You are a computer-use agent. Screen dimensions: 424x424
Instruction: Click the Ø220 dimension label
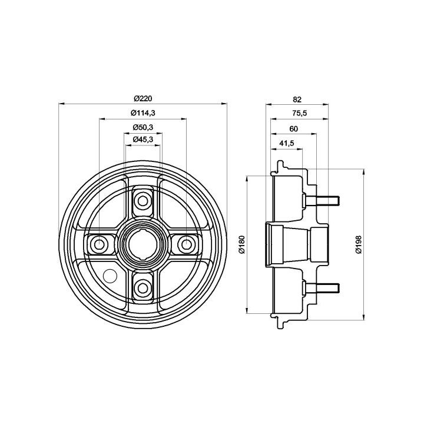(143, 99)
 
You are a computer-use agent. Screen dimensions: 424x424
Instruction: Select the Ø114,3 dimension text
(143, 113)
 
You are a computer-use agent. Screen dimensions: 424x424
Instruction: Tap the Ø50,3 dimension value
(143, 127)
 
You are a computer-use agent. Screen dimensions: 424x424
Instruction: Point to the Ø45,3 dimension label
(143, 139)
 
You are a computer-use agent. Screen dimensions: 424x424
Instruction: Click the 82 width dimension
(297, 100)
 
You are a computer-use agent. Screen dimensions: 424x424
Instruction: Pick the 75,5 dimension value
(300, 113)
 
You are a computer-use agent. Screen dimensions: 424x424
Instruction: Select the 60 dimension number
(293, 129)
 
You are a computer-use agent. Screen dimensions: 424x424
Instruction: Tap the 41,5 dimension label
(287, 143)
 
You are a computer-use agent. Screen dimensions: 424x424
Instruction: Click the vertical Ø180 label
(242, 244)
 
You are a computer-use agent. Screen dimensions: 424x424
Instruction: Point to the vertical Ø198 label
(359, 244)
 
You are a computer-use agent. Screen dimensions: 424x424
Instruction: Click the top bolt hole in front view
(143, 201)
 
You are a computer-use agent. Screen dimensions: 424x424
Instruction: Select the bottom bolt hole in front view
(143, 288)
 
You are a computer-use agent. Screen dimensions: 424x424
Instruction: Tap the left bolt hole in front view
(99, 244)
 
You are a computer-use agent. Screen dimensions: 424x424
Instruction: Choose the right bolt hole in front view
(186, 244)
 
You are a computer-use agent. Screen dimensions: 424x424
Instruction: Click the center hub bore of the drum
(143, 244)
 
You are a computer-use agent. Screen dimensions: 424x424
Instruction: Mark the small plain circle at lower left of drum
(110, 276)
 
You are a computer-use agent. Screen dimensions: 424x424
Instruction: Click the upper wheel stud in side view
(322, 201)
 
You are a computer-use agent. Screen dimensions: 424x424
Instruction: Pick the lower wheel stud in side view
(322, 288)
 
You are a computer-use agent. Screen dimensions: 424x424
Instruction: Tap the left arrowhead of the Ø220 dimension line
(62, 103)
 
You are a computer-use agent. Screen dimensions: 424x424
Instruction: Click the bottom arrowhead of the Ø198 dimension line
(364, 317)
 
